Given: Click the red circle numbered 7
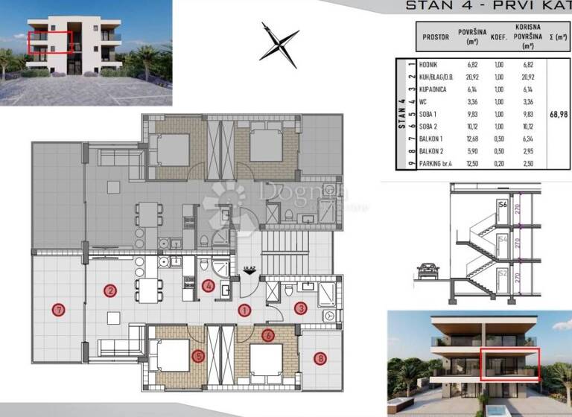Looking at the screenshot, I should coord(57,310).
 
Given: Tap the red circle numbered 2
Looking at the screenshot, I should coord(110,290).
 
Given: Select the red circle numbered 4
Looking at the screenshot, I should coord(209,285).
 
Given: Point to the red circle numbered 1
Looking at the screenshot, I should coord(244,310).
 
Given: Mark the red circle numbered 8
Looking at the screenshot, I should coord(320,358).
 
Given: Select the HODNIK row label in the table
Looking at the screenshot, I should coord(428,66).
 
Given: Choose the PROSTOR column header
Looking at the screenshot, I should coord(436,36).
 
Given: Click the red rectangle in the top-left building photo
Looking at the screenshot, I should coord(51,42).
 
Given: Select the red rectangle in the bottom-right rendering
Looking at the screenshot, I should coord(509,365).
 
